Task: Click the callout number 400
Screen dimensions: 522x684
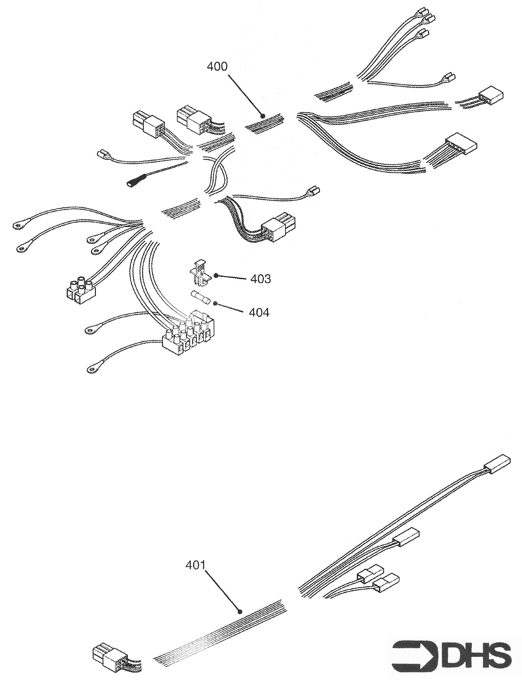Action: tap(217, 66)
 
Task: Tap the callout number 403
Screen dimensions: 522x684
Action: tap(261, 279)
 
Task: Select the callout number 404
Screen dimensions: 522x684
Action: tap(259, 312)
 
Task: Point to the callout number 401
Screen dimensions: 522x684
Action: tap(195, 566)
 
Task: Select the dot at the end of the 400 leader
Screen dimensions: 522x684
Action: tap(262, 116)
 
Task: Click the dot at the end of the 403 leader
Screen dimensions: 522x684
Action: tap(216, 275)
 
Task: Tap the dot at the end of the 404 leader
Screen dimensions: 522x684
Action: tap(215, 303)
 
